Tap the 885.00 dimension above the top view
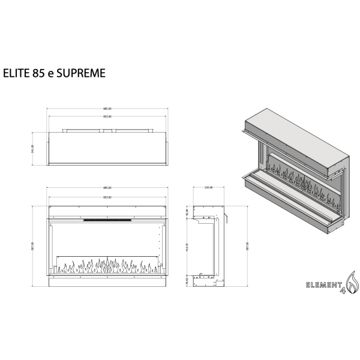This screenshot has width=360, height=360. pyautogui.click(x=107, y=109)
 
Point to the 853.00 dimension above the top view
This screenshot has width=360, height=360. pyautogui.click(x=107, y=116)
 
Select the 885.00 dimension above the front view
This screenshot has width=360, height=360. pyautogui.click(x=107, y=188)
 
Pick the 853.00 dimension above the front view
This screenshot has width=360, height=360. pyautogui.click(x=107, y=196)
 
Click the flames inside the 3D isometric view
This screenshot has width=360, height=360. pyautogui.click(x=297, y=179)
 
